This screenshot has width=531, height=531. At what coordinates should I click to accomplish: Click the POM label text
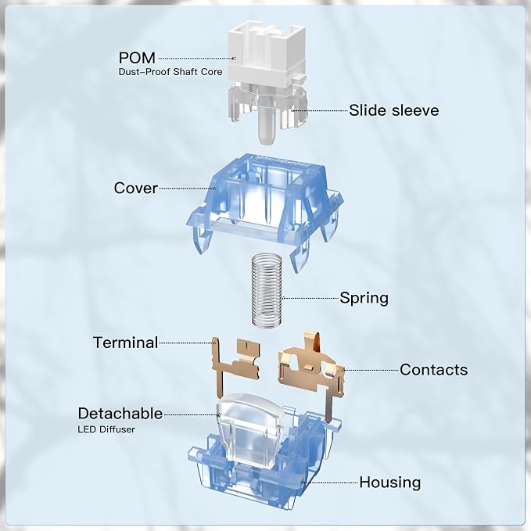click(137, 58)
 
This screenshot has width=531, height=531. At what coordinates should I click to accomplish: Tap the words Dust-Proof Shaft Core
click(170, 72)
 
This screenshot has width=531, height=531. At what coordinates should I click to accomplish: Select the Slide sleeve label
click(394, 110)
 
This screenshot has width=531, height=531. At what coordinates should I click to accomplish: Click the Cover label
click(136, 188)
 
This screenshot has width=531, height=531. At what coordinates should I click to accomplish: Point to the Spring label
click(364, 299)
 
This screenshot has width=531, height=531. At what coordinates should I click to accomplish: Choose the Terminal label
click(125, 343)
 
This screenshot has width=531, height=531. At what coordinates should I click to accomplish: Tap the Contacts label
click(434, 369)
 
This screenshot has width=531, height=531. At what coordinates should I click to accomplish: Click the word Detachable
click(120, 414)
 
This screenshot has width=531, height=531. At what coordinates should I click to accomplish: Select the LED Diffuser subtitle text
click(106, 429)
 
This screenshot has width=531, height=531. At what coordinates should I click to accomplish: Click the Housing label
click(390, 483)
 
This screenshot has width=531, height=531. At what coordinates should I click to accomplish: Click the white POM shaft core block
click(267, 54)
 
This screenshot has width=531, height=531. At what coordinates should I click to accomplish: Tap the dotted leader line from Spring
click(310, 299)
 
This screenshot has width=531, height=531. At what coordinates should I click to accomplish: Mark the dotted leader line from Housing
click(330, 483)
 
